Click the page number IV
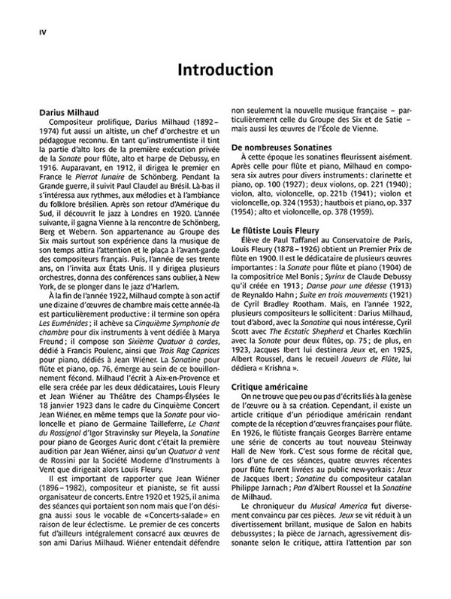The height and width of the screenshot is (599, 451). click(x=33, y=32)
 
